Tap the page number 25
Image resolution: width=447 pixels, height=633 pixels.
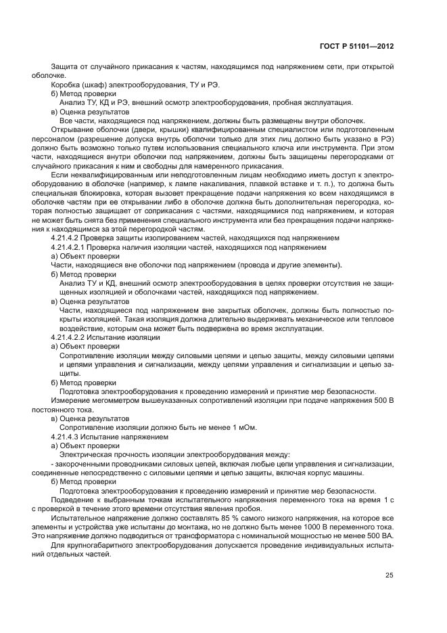pyautogui.click(x=390, y=575)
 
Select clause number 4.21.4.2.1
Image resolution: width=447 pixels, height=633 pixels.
pyautogui.click(x=70, y=247)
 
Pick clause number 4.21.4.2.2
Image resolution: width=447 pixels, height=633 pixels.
pyautogui.click(x=70, y=336)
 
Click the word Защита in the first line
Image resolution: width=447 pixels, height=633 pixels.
pyautogui.click(x=65, y=66)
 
